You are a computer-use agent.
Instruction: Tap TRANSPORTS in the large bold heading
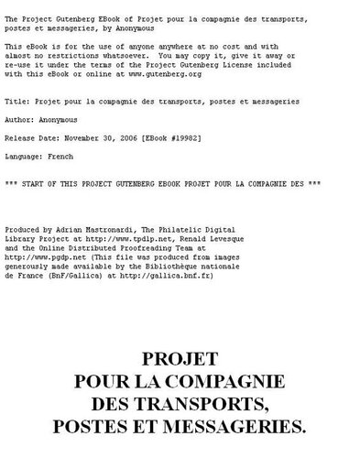coord(217,404)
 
